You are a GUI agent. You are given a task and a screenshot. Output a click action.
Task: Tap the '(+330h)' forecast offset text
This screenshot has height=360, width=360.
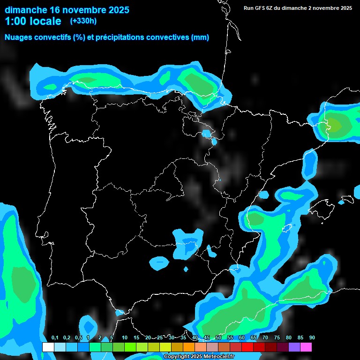[83, 21]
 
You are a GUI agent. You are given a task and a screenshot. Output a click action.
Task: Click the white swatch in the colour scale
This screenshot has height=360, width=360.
[48, 347]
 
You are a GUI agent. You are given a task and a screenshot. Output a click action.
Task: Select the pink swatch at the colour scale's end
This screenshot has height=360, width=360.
[306, 347]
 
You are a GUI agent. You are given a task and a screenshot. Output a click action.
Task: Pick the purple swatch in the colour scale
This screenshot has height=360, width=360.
[294, 347]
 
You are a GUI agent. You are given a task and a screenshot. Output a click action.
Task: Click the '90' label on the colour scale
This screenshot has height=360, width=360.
[312, 338]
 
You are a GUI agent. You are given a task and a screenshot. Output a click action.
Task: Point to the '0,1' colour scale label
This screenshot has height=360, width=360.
[55, 338]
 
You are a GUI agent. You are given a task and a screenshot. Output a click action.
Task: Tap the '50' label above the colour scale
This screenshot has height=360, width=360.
[218, 338]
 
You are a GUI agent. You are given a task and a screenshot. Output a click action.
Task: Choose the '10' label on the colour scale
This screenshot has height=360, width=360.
[125, 338]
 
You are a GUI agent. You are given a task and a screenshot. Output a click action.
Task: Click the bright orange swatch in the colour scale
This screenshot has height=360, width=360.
[189, 347]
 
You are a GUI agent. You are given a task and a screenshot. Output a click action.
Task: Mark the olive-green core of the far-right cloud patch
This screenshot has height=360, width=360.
[334, 125]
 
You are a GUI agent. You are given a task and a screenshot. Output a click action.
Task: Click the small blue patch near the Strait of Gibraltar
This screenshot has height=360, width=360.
[119, 312]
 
